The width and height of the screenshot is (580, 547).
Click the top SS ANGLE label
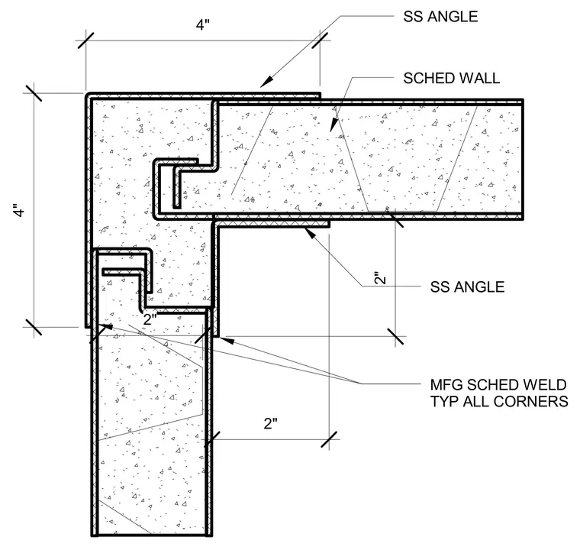point(440,17)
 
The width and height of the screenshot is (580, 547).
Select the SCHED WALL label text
point(451,78)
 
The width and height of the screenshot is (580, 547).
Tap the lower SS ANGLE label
point(467,287)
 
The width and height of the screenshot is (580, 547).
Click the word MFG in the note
point(446,385)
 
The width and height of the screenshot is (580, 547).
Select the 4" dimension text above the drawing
point(203,25)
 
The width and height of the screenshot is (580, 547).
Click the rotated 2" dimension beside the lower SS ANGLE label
point(380,279)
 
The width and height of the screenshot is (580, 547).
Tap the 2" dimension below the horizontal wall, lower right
point(270,423)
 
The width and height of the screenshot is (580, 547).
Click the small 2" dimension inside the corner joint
point(150,319)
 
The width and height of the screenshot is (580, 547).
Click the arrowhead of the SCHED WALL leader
point(333,125)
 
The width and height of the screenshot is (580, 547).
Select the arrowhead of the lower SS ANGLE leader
point(309,232)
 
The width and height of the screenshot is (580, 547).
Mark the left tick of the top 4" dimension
point(85,40)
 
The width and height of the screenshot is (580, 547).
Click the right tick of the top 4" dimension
point(320,40)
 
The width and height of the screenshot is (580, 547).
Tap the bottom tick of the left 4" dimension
point(33,327)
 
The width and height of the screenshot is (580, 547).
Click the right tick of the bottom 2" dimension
point(329,439)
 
